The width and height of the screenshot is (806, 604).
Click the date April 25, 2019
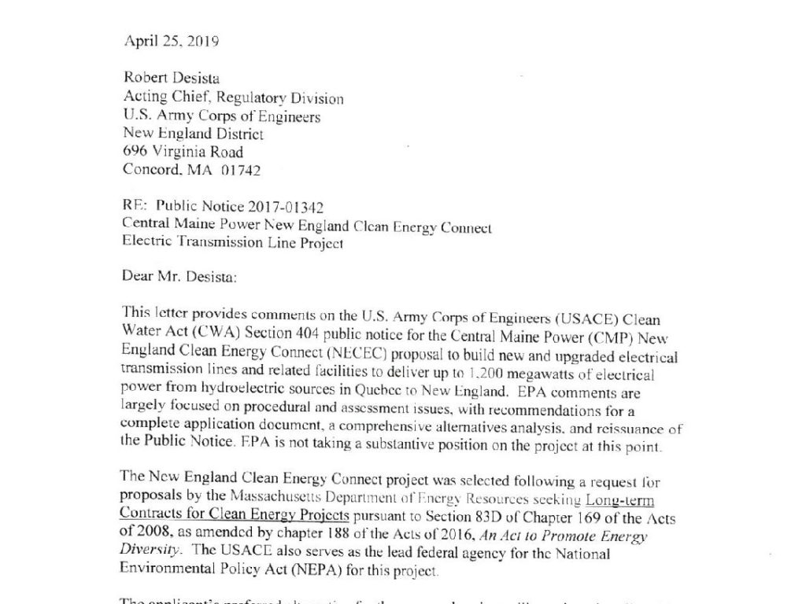171,42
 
